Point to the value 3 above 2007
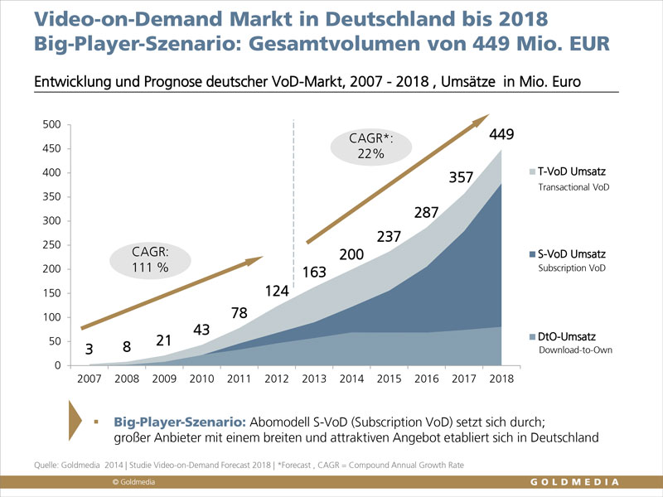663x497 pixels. tap(89, 350)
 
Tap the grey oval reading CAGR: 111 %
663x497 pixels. tap(150, 259)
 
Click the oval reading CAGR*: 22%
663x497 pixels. tap(371, 146)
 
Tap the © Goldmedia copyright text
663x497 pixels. tap(134, 482)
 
